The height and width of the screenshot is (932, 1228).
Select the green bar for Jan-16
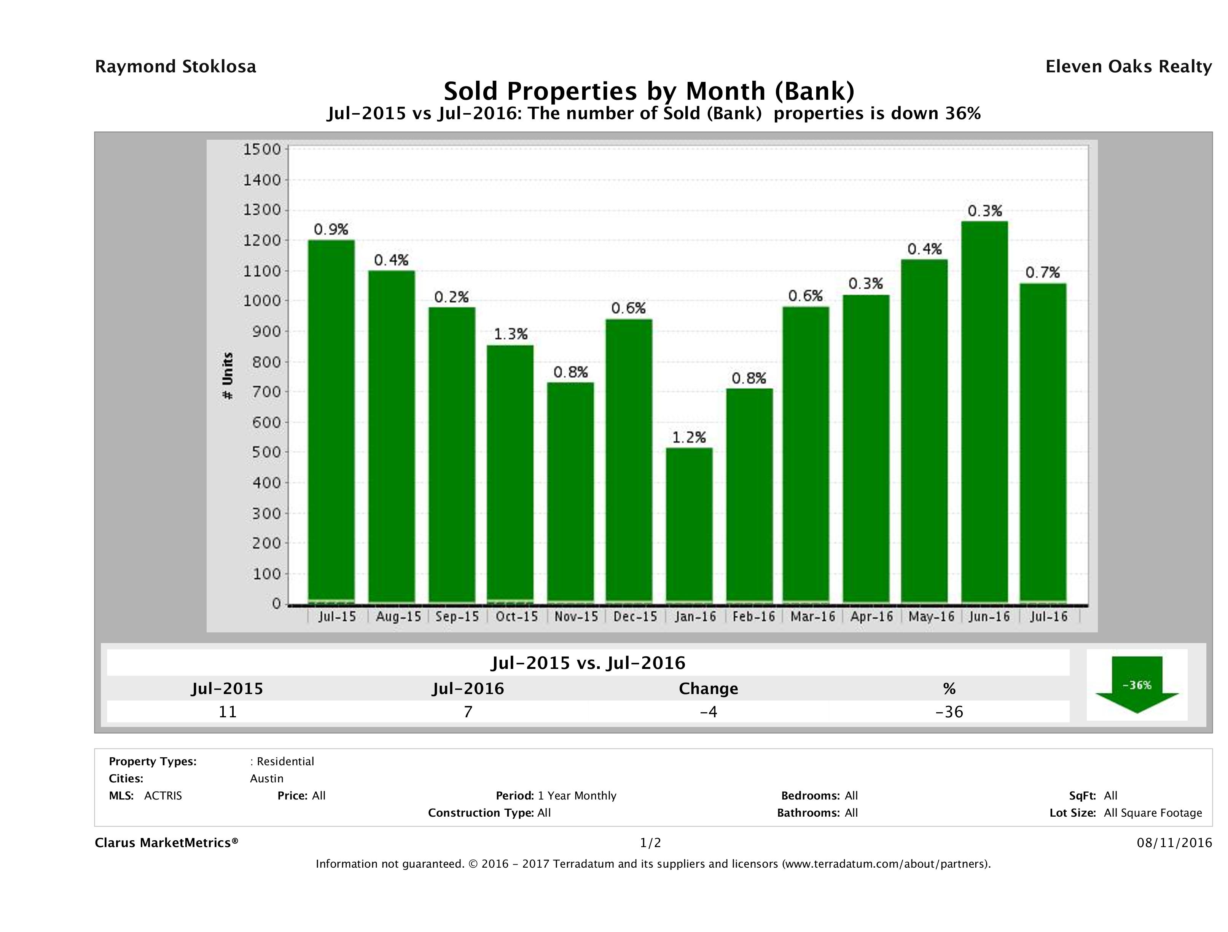coord(689,525)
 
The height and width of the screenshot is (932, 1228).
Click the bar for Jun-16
coord(984,411)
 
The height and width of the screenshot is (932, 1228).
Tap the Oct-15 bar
coord(510,473)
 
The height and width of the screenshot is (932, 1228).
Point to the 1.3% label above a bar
coord(510,334)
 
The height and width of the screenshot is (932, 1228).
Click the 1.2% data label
coord(689,438)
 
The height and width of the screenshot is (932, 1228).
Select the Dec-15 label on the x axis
coord(635,616)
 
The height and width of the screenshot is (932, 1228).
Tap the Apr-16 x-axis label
coord(871,616)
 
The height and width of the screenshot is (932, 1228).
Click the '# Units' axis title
coord(228,375)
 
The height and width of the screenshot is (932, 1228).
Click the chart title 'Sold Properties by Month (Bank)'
coord(648,91)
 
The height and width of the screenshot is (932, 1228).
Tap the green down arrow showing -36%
coord(1136,685)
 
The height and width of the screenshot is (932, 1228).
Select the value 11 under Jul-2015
coord(228,712)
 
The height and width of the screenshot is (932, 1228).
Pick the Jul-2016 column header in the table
coord(468,689)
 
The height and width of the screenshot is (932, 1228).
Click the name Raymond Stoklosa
coord(175,67)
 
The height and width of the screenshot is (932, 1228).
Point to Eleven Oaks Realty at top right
coord(1128,67)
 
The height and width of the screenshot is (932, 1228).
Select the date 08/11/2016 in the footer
coord(1174,843)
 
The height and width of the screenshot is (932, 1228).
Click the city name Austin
coord(266,779)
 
